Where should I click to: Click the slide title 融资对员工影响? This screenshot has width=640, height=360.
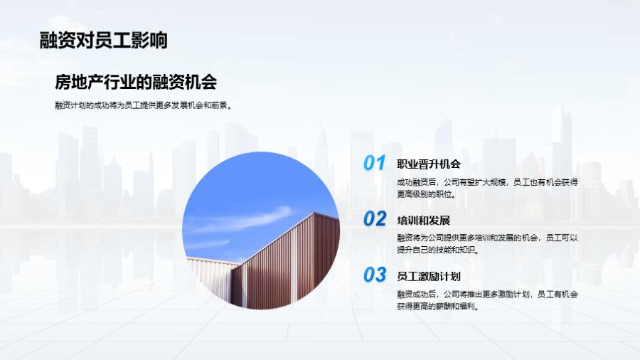pos(103,41)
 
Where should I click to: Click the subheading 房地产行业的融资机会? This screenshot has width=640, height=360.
pos(136,82)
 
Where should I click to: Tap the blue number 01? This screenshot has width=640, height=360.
pos(374,163)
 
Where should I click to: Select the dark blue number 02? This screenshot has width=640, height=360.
pos(375,219)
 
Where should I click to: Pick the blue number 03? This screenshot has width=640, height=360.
pos(375,275)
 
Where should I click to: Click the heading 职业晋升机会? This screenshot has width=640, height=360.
pos(429,164)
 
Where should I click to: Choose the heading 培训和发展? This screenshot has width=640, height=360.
pos(423,221)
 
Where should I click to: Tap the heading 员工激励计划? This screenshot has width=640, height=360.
pos(429,276)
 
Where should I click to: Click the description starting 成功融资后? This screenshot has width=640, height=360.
pos(487,188)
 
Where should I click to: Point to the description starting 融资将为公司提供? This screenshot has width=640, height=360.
pos(487,243)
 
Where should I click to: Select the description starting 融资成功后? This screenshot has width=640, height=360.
pos(487,300)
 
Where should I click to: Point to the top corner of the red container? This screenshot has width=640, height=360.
pos(314,213)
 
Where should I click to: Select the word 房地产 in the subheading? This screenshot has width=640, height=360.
pos(79,82)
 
